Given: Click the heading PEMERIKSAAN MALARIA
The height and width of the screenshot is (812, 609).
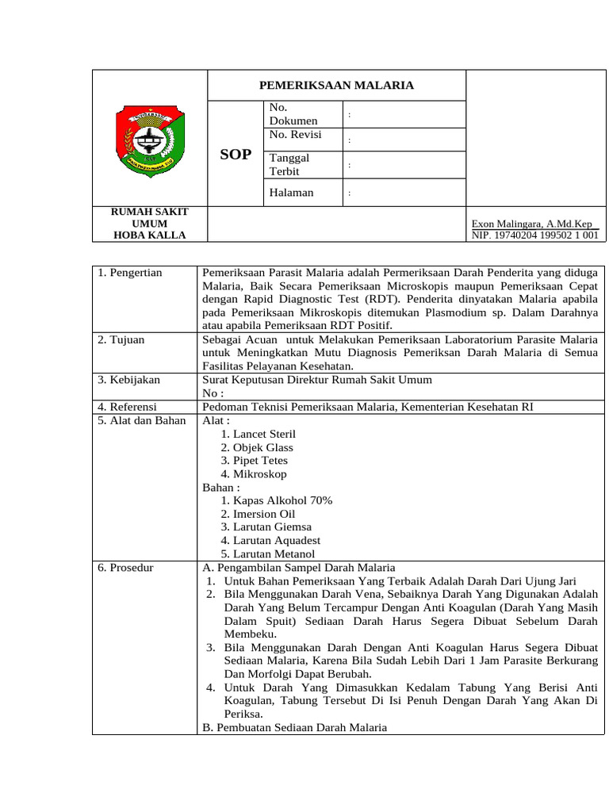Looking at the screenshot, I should (337, 86).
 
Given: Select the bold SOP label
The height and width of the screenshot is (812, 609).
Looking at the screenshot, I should (236, 155).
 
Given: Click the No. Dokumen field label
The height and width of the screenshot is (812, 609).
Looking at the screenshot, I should (293, 114).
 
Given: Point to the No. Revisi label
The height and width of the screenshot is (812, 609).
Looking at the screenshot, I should (296, 135).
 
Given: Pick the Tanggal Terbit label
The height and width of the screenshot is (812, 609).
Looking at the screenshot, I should (289, 164).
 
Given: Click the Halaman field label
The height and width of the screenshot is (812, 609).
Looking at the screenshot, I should (291, 192).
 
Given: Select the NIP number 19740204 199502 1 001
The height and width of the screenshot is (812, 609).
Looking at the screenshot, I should (535, 236).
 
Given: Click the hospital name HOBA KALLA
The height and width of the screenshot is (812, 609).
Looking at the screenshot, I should (150, 236).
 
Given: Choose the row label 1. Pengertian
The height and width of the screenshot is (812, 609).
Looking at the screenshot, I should (130, 273).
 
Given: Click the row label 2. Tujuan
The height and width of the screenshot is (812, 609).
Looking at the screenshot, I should (121, 339).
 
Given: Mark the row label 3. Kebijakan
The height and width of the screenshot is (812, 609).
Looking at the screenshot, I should (129, 380).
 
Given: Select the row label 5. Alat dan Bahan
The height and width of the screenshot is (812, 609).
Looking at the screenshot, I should (141, 420).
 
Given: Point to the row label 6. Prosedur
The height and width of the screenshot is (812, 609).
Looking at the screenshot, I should (125, 568).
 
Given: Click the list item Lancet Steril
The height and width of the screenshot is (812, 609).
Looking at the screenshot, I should (259, 434).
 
